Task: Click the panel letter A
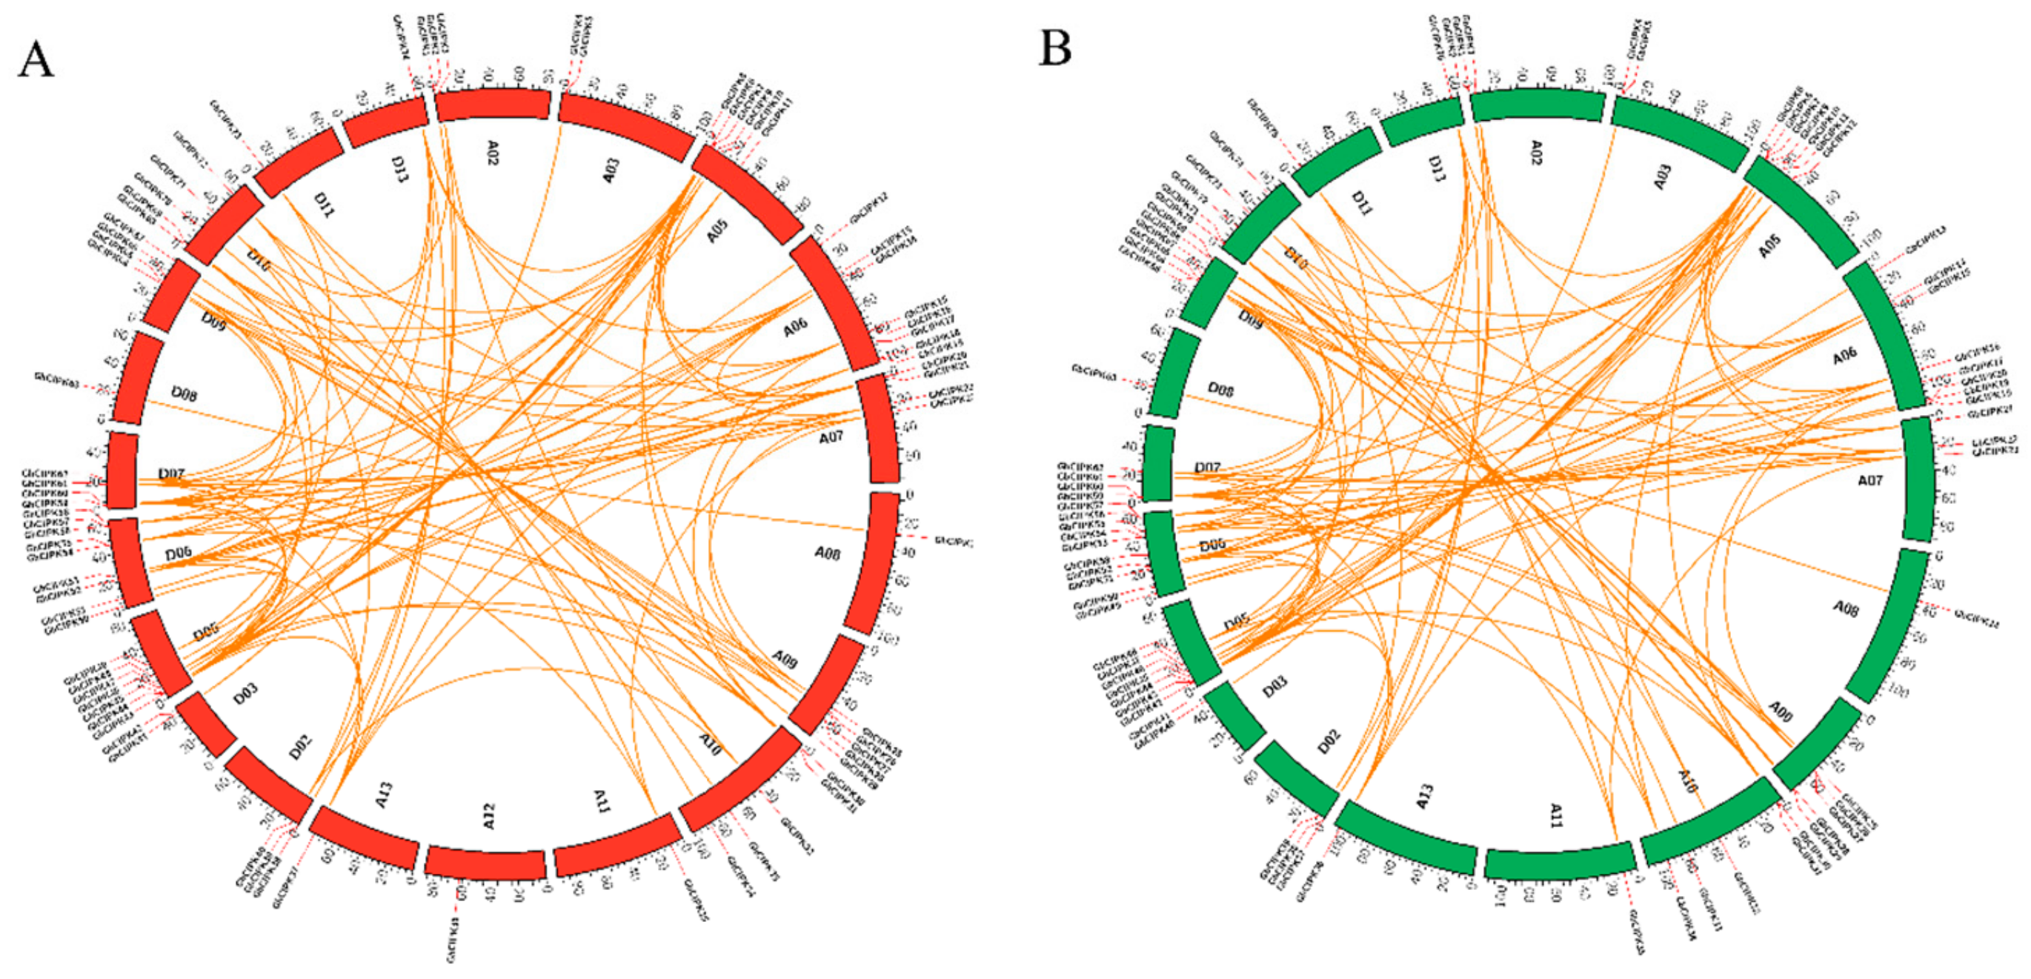(36, 59)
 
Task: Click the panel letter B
(1056, 48)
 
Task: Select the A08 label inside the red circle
(827, 553)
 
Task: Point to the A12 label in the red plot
(489, 816)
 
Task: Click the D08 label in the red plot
(184, 394)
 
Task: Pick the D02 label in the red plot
(299, 746)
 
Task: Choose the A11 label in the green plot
(1555, 816)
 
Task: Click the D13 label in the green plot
(1437, 168)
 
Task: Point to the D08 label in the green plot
(1220, 390)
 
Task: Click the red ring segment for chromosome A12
(485, 864)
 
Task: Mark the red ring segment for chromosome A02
(493, 105)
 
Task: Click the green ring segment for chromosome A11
(1559, 861)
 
